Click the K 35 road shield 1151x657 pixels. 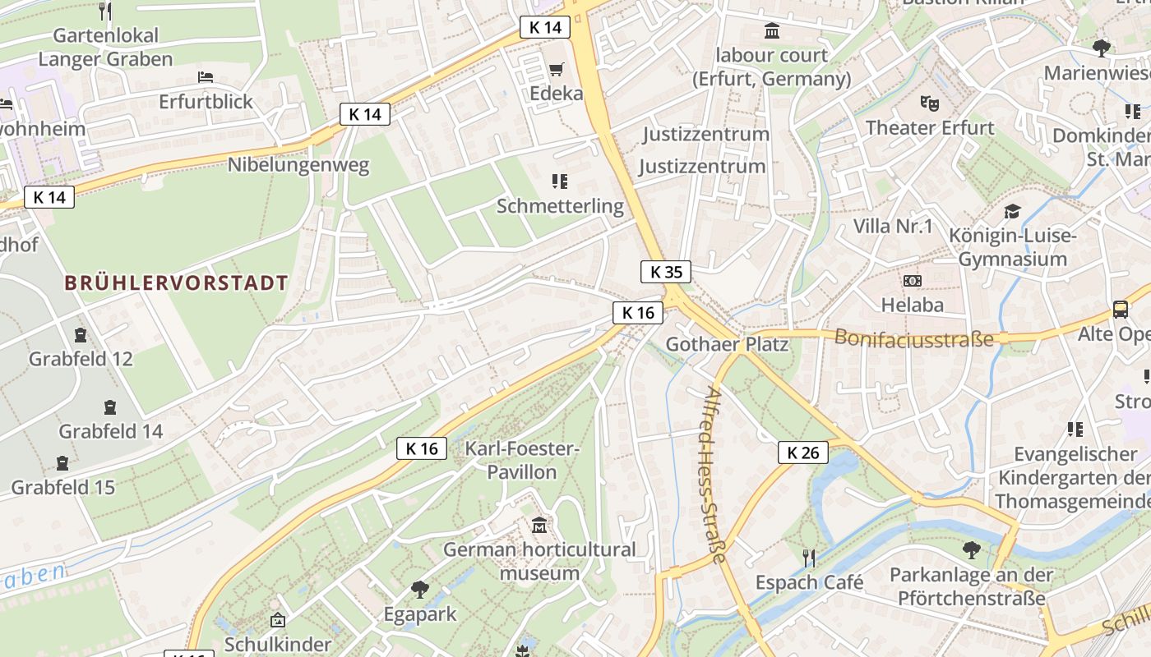click(x=666, y=272)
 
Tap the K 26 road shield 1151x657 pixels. click(x=802, y=453)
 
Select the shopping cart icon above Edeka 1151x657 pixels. click(x=557, y=69)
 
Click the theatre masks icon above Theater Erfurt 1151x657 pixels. click(x=930, y=103)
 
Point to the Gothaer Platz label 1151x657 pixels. click(x=727, y=344)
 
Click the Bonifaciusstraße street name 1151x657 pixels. click(x=914, y=338)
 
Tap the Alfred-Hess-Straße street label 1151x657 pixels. click(x=714, y=476)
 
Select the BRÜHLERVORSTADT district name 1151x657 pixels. click(x=177, y=283)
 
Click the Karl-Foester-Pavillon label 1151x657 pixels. click(x=522, y=461)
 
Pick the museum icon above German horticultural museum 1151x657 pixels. click(x=539, y=525)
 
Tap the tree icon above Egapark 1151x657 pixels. click(x=420, y=589)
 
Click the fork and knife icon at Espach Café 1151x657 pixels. click(x=809, y=558)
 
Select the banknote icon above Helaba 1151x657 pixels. click(x=912, y=281)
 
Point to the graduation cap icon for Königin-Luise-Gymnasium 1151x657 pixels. click(x=1012, y=212)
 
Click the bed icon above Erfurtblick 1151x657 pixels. click(x=206, y=77)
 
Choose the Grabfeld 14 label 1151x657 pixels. click(x=111, y=431)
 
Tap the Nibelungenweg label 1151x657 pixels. click(x=298, y=164)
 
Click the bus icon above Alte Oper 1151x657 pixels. click(x=1121, y=310)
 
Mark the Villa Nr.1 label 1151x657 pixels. click(x=893, y=226)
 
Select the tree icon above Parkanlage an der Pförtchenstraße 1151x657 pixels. click(x=971, y=549)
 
